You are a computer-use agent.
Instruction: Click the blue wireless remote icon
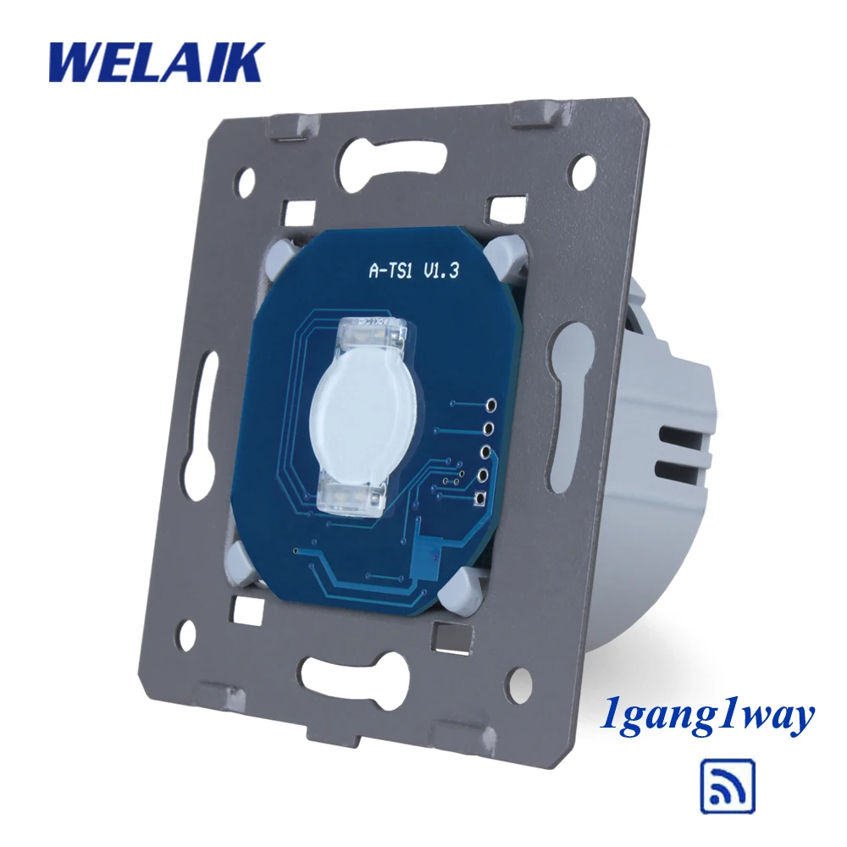728,787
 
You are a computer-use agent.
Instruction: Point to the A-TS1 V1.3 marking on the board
414,270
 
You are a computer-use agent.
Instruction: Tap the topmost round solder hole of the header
491,404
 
